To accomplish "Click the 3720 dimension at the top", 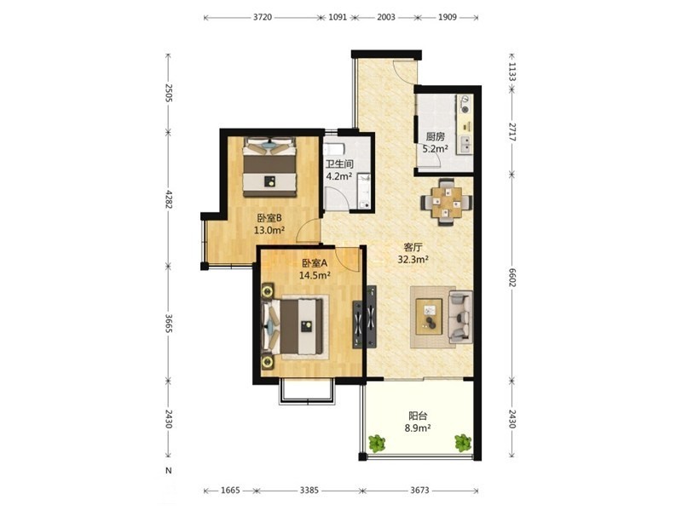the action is pos(263,17).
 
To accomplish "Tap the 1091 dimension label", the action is pos(338,17).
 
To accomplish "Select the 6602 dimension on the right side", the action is pos(512,278).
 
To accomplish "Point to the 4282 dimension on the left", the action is pos(169,198).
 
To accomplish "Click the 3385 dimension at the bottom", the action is pos(309,491).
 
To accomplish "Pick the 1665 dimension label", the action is pos(230,491).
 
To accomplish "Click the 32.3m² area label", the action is pos(413,260).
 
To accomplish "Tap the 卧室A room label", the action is pos(315,263).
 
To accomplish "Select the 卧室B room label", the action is pos(269,218).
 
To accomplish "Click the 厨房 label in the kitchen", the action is pos(435,137).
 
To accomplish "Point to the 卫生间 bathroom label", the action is pos(339,164).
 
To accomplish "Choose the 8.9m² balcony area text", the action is pos(418,428).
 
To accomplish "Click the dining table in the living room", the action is pos(446,202).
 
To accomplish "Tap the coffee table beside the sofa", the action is pos(429,316).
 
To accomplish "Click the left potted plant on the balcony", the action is pos(377,443).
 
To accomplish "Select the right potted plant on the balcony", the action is pos(463,443).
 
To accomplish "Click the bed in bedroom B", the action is pos(269,167).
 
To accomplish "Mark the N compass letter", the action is pos(169,471).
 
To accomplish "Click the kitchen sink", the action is pos(465,145).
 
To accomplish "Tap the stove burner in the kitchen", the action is pos(465,110).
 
